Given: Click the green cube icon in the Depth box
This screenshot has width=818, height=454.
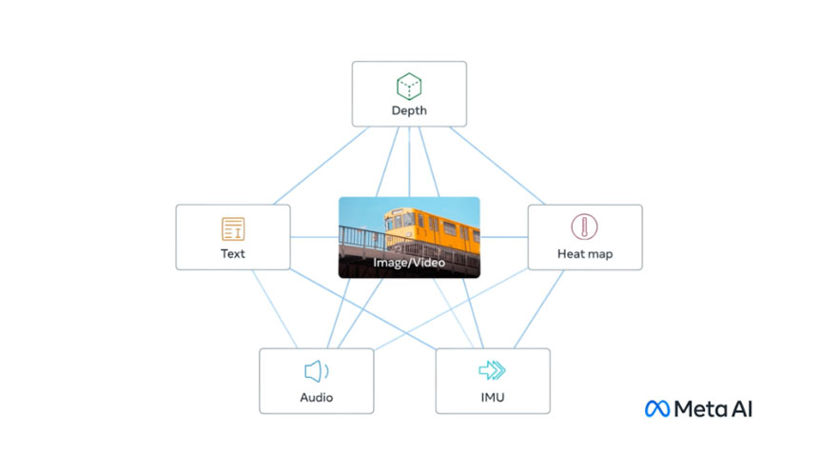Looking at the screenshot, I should pos(409,87).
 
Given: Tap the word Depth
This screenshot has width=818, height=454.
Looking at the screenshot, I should pos(409,110).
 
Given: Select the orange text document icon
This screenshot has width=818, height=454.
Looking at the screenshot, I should pos(233,228).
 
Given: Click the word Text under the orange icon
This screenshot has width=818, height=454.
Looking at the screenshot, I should pos(233,253).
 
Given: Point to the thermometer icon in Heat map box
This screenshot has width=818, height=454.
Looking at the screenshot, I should pos(584,227).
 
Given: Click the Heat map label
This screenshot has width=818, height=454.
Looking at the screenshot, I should pos(584,254).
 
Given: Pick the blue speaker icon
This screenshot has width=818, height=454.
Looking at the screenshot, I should pos(316,371).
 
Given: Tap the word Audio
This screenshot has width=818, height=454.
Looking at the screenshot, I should pos(316,397).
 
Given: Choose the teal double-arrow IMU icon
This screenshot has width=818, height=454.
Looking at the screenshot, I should pos(492,370).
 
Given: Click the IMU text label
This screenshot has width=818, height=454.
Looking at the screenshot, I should pos(492,397).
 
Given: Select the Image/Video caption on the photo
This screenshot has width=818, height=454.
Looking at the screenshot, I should pos(409,261).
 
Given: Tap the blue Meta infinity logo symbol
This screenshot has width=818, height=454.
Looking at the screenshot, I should pos(657,408).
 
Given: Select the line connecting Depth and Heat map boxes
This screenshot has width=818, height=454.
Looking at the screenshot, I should pos(497,166).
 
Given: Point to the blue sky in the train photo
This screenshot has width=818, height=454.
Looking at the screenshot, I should pos(361,214).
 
